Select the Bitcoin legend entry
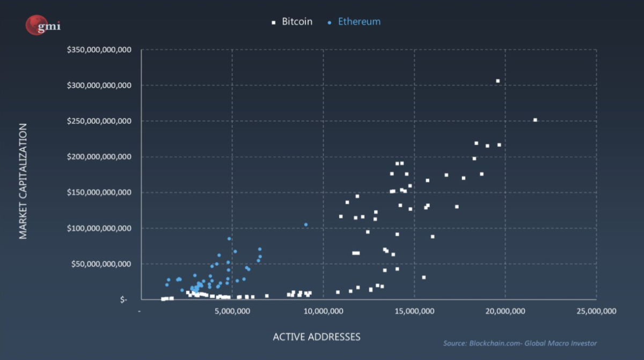292,22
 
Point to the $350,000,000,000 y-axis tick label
99,50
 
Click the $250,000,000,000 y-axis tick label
99,121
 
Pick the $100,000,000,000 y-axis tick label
99,229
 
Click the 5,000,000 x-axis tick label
232,311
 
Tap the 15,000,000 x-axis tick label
413,311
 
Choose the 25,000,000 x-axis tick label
596,311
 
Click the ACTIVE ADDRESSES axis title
317,337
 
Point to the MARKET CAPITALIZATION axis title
23,181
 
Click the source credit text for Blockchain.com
519,343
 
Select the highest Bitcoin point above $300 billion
498,81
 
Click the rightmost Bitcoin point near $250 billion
535,120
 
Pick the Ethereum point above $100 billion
306,224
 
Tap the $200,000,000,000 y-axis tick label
99,157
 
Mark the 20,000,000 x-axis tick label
504,311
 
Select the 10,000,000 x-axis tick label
323,311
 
